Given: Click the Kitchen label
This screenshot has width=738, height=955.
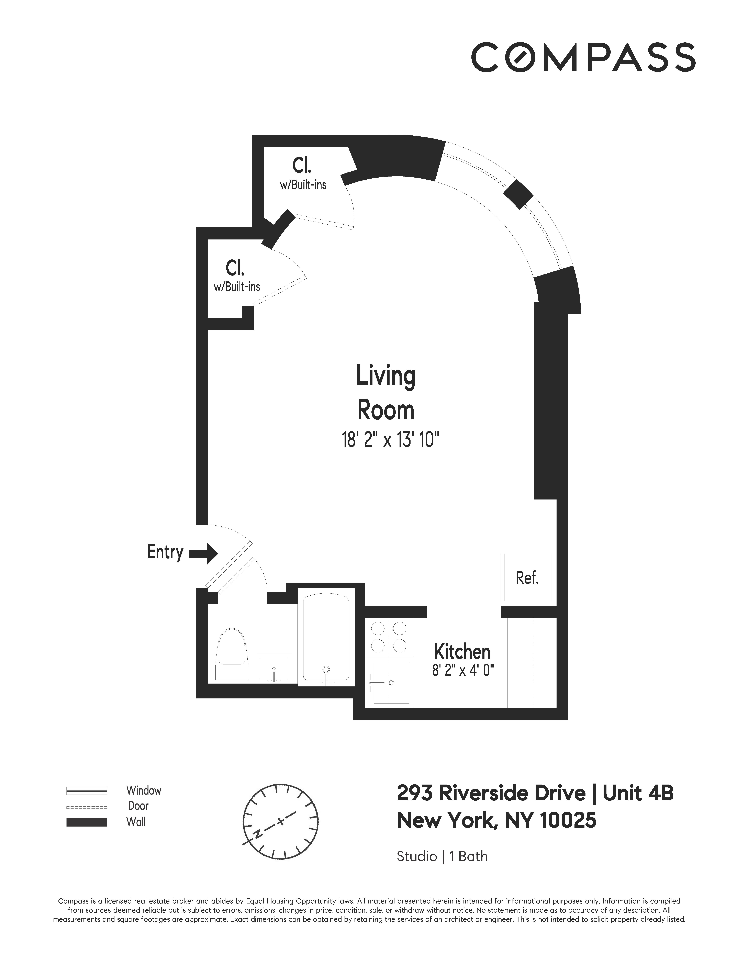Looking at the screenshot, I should pos(462,652).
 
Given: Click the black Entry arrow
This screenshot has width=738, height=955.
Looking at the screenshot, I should pos(203,554).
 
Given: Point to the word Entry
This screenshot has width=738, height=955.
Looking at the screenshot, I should pos(165,552).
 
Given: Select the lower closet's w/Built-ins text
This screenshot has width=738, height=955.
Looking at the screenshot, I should pos(237,287).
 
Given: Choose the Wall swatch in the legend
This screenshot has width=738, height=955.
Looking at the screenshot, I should pos(87,822).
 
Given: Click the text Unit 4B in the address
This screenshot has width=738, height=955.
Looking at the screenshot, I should pos(638,793).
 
